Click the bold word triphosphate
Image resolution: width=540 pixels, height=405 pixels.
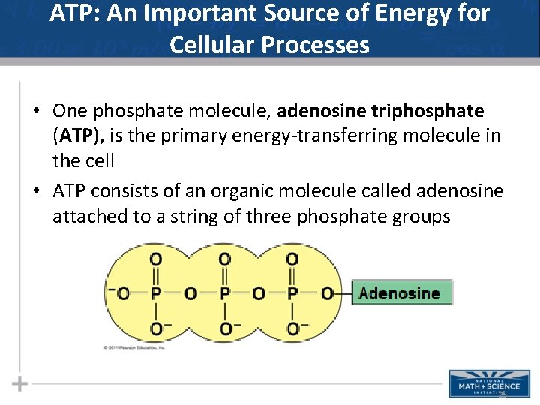tap(427, 111)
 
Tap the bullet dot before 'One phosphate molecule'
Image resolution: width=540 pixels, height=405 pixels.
tap(36, 112)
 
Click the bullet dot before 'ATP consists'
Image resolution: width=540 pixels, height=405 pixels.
tap(36, 192)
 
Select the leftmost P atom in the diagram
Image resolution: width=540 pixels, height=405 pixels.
tap(156, 292)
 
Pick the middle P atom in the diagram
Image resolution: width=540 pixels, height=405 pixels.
tap(224, 292)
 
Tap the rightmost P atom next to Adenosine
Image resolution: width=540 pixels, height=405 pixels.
tap(292, 292)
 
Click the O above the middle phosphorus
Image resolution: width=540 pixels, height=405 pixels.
tap(224, 259)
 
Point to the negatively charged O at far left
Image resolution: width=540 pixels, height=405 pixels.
tap(121, 292)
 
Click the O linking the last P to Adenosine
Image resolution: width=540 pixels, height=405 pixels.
tap(327, 292)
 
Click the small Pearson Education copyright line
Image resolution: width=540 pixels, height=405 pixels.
tap(136, 348)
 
